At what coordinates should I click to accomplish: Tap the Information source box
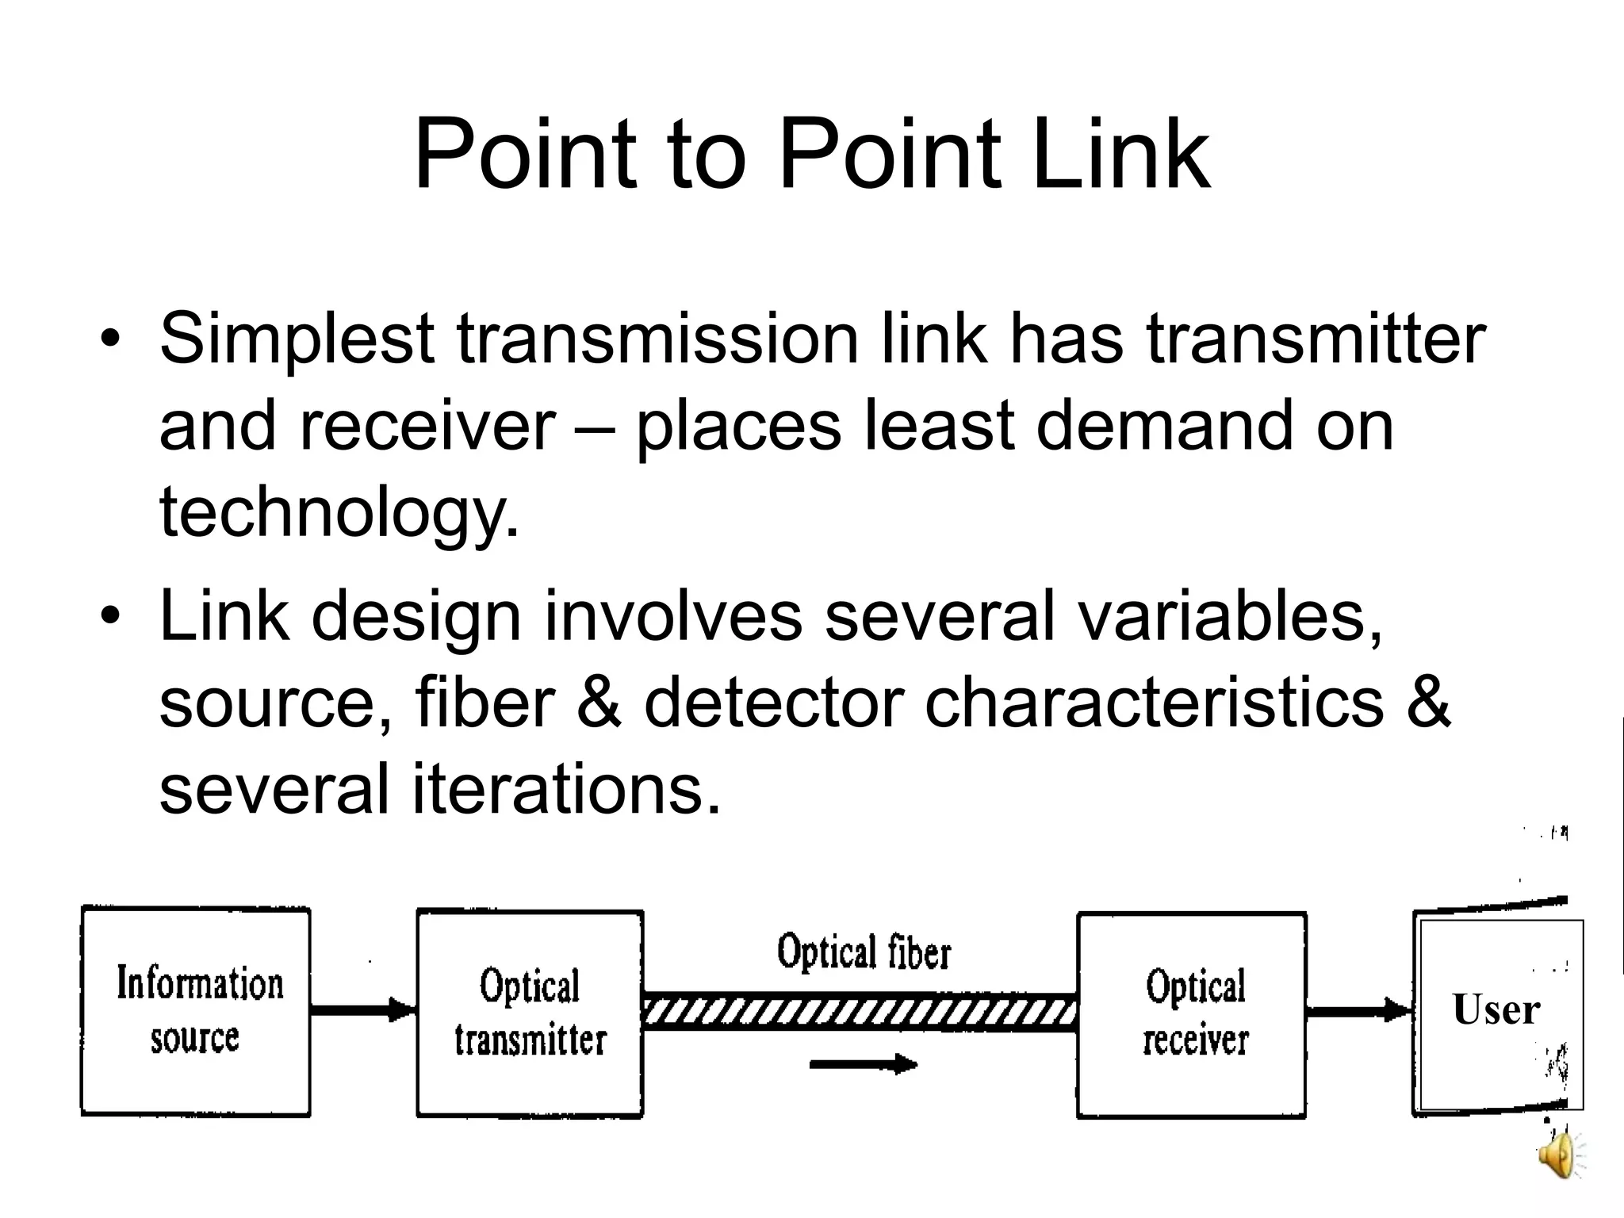pyautogui.click(x=196, y=1012)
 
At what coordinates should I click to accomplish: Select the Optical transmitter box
pyautogui.click(x=530, y=1013)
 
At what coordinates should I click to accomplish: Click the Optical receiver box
pyautogui.click(x=1192, y=1014)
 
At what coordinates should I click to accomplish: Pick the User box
pyautogui.click(x=1497, y=1012)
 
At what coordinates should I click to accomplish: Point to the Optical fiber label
pyautogui.click(x=863, y=952)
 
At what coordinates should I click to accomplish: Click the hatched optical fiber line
pyautogui.click(x=860, y=1013)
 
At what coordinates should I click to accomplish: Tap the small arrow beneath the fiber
pyautogui.click(x=863, y=1064)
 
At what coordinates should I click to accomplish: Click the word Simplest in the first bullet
pyautogui.click(x=297, y=339)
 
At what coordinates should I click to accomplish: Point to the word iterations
pyautogui.click(x=566, y=790)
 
